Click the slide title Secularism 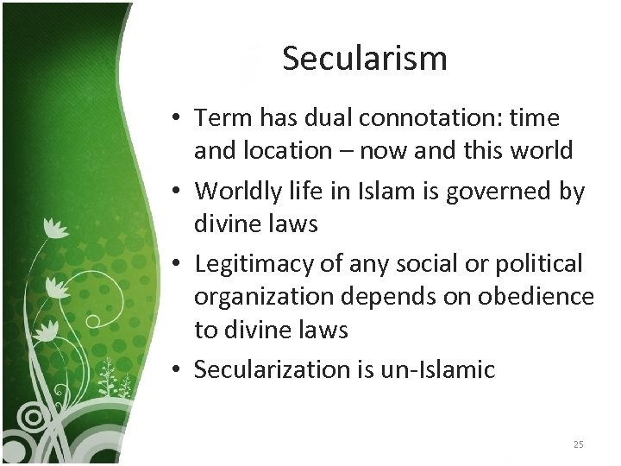point(364,59)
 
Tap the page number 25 point(578,444)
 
